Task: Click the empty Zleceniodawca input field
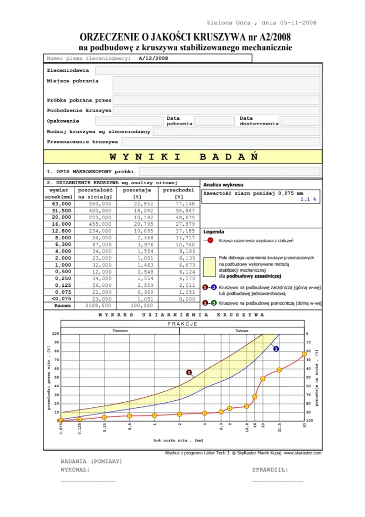coord(207,70)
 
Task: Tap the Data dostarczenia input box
coord(300,121)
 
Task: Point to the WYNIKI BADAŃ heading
coord(183,157)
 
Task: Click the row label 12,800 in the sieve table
coord(59,230)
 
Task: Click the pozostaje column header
coord(137,190)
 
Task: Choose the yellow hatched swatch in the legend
coord(210,266)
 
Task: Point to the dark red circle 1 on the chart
coord(189,373)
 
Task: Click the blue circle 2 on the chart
coord(276,348)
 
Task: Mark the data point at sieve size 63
coord(304,354)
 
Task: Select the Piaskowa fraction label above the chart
coord(120,331)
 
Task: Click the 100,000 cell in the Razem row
coord(137,305)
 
